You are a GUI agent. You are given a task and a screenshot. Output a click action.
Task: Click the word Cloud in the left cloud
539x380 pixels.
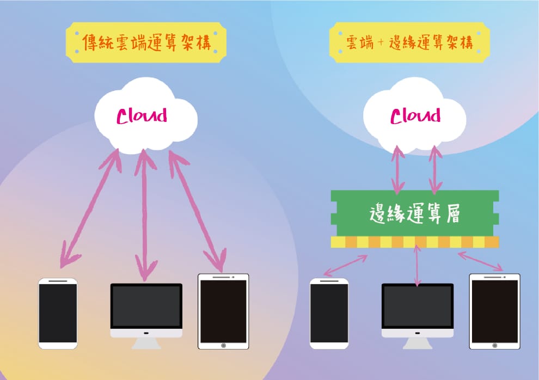[x=142, y=116]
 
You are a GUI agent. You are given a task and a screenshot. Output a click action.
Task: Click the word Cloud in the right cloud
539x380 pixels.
[x=415, y=116]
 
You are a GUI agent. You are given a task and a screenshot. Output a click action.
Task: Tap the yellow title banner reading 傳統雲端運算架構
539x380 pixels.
[x=146, y=42]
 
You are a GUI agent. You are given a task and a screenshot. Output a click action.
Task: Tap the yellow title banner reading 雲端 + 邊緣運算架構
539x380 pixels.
[x=409, y=42]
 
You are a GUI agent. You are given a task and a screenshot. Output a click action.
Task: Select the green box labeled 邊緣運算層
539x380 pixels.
[x=415, y=213]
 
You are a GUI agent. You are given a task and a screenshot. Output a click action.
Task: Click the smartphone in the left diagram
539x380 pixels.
[x=58, y=314]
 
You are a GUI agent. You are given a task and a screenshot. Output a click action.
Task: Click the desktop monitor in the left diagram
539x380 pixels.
[x=146, y=316]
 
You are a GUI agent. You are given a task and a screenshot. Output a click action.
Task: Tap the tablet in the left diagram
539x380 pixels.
[x=223, y=311]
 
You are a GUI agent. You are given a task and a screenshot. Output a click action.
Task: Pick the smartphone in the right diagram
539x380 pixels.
[x=329, y=314]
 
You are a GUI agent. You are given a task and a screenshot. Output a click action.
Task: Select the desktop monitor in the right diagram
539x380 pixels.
[x=418, y=316]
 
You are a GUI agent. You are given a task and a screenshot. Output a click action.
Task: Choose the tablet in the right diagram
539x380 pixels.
[x=495, y=311]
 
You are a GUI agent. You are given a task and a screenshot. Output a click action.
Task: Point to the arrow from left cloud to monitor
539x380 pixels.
[x=145, y=215]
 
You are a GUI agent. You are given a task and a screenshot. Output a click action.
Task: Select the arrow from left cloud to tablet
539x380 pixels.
[x=197, y=211]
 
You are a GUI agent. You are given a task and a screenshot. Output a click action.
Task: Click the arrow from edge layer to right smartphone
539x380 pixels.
[x=346, y=265]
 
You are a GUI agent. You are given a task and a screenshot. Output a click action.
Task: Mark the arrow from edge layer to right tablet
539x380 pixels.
[x=480, y=261]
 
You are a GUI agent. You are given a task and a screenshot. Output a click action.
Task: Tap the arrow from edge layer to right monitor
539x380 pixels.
[x=417, y=265]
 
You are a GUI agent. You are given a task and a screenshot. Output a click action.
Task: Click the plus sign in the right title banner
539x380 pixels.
[x=381, y=43]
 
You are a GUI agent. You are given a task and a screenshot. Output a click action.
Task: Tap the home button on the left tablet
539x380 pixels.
[x=223, y=345]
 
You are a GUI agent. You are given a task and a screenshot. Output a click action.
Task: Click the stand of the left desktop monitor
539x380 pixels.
[x=146, y=344]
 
